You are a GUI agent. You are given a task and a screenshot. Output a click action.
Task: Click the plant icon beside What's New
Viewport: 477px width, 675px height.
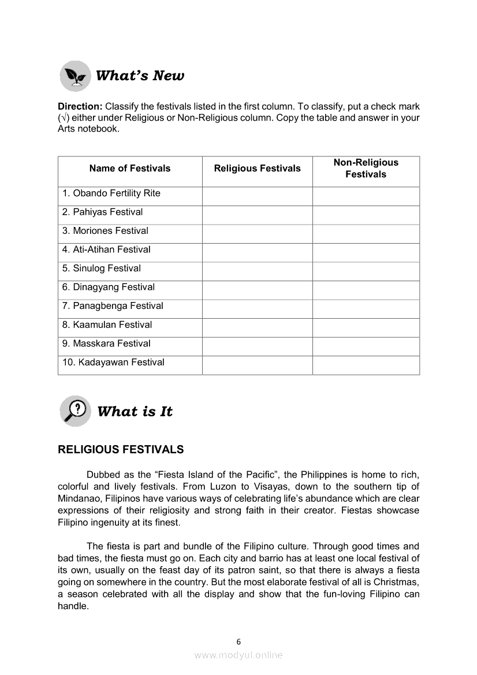point(75,76)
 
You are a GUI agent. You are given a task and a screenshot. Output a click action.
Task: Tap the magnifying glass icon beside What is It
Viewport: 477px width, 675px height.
point(75,411)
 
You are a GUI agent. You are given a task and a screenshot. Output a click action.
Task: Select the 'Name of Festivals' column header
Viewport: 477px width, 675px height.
point(130,169)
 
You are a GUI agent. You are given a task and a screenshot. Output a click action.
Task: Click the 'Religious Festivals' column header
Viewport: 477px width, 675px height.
point(257,169)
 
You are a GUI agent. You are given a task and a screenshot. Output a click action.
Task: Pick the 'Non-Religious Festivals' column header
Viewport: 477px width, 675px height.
point(366,169)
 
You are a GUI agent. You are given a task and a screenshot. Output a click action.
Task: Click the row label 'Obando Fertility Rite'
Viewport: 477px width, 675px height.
point(111,193)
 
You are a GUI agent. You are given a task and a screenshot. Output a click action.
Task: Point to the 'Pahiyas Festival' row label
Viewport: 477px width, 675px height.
point(102,212)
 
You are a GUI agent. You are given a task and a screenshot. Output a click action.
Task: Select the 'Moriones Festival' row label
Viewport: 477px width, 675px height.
point(105,231)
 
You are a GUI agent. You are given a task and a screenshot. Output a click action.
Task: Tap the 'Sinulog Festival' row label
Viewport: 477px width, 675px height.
point(101,268)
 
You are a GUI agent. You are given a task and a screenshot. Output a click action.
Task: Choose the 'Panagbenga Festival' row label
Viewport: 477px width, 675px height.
point(113,306)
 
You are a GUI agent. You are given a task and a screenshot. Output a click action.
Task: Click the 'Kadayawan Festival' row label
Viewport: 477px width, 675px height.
point(113,363)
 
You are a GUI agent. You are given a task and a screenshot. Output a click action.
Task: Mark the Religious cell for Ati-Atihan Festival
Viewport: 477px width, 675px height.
point(257,250)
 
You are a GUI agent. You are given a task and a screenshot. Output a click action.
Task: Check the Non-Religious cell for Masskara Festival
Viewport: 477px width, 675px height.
point(366,344)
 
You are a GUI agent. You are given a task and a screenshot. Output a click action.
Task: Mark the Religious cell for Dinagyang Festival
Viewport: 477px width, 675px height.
point(257,288)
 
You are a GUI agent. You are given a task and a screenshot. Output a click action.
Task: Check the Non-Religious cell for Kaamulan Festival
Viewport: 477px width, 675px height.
point(366,325)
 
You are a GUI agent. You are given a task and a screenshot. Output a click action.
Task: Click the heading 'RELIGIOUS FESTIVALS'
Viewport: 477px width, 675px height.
point(121,450)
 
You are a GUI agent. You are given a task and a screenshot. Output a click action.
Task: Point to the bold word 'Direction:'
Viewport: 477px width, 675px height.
point(80,107)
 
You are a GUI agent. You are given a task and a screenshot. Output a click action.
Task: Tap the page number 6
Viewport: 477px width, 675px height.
point(238,642)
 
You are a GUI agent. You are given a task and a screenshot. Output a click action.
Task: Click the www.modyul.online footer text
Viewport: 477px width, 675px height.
point(238,655)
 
